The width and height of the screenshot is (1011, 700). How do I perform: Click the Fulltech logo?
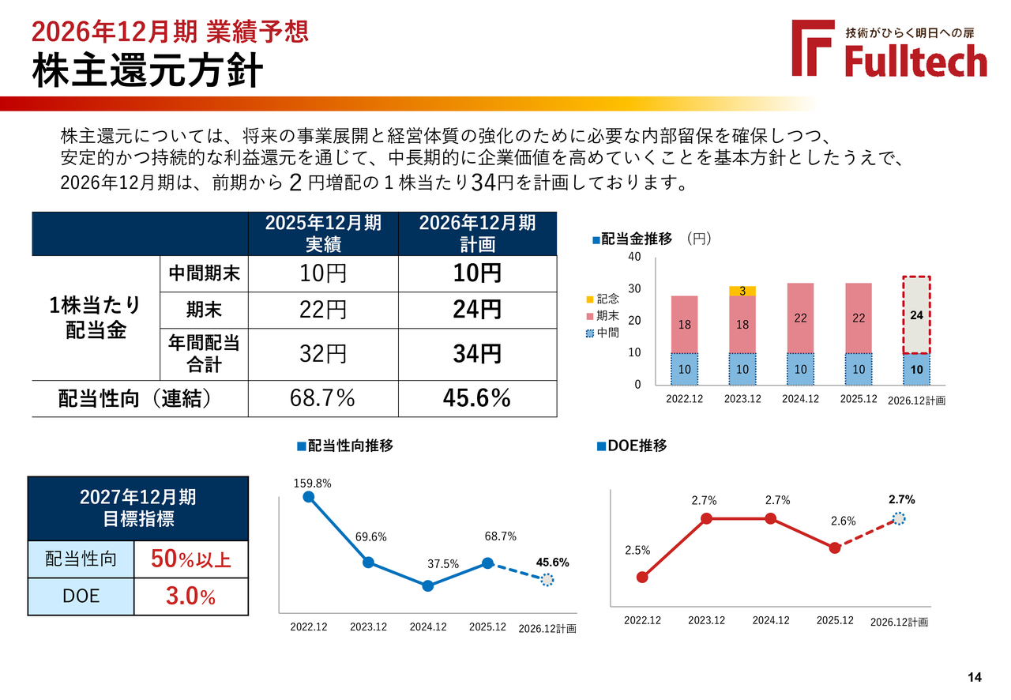889,49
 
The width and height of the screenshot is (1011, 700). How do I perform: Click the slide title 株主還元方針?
147,71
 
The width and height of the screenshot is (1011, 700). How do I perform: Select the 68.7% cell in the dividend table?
322,398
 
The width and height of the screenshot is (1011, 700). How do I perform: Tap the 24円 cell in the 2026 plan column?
477,309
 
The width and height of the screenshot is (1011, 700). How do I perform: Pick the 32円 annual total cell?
322,353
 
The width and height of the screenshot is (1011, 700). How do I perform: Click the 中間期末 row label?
204,273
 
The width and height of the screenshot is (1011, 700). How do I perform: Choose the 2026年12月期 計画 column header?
477,233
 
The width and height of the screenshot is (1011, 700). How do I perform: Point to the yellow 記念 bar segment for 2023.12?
742,291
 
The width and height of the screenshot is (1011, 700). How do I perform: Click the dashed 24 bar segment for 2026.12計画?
917,314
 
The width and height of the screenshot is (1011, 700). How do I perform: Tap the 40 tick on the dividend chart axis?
634,258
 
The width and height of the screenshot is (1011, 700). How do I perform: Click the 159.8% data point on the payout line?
309,496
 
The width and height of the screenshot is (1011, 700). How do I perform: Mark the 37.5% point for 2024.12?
428,585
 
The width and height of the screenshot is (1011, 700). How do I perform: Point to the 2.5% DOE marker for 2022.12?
642,577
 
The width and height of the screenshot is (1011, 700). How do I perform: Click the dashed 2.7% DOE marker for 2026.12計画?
899,518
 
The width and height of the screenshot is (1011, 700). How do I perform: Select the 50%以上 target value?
190,559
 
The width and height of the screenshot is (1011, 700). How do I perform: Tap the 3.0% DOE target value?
190,597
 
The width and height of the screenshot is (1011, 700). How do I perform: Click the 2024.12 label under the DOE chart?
771,620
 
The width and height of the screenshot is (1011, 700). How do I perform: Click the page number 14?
974,677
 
